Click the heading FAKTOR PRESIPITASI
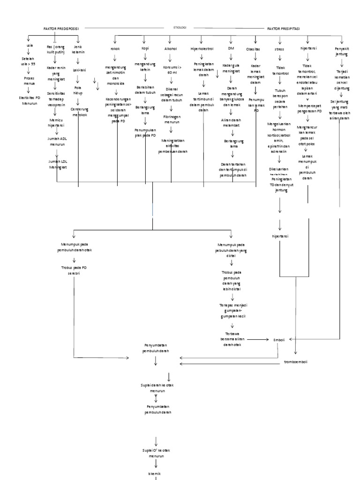click(284, 29)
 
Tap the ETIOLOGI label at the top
click(180, 28)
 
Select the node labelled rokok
click(115, 48)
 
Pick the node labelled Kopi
click(145, 48)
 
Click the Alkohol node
click(171, 48)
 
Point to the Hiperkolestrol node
click(202, 48)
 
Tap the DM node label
click(230, 48)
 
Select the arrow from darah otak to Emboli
click(256, 339)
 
